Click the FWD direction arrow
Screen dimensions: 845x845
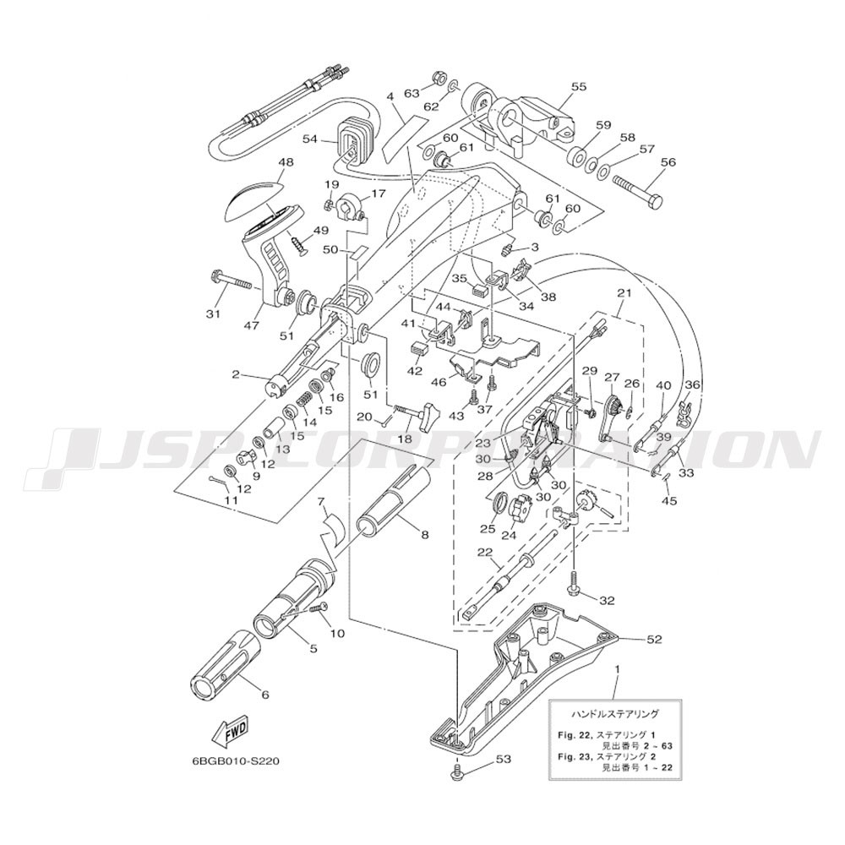tap(230, 733)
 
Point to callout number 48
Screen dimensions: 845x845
tap(286, 161)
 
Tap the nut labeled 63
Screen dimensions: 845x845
tap(438, 78)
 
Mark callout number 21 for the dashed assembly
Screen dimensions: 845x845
tap(624, 294)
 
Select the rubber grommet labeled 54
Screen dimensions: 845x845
tap(352, 139)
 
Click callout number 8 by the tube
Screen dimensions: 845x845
tap(425, 535)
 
